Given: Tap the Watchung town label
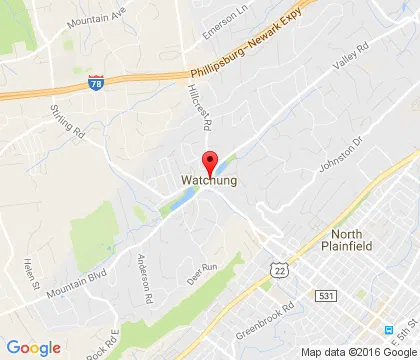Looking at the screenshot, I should (210, 181).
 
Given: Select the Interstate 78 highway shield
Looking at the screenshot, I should (95, 84).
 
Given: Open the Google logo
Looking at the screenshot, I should (33, 347).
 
